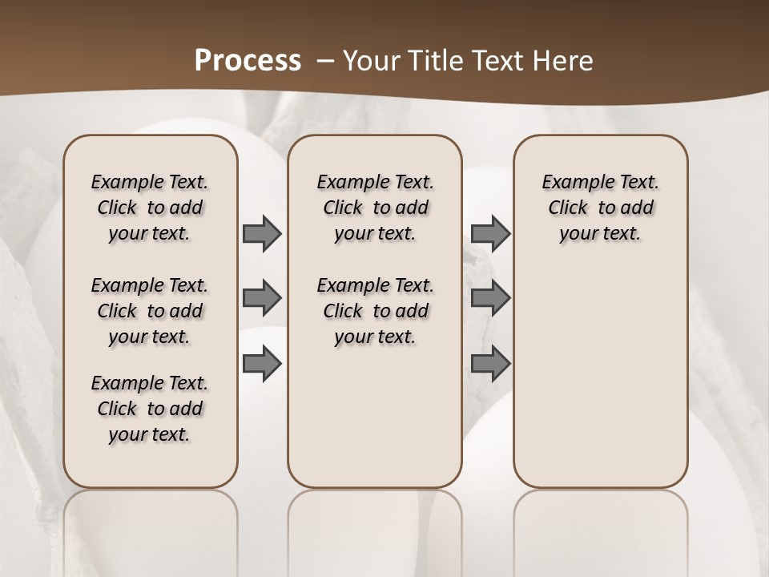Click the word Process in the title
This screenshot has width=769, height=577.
(248, 61)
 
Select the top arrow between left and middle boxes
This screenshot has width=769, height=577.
(262, 233)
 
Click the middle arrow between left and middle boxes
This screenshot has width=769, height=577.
(262, 298)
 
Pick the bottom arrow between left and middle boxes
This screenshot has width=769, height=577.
(262, 365)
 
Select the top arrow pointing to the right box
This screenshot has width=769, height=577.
(490, 233)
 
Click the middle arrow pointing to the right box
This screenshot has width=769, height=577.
(490, 298)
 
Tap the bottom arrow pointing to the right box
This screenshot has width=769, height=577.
(490, 365)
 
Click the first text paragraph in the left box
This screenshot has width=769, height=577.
(150, 208)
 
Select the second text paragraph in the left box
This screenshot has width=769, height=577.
(150, 311)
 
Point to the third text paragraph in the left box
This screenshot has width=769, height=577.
(150, 409)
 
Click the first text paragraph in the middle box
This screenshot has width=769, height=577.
(375, 208)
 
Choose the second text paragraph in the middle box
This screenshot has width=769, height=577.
(375, 311)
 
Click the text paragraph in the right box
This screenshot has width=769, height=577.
(600, 208)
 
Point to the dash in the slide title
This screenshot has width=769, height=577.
(325, 61)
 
